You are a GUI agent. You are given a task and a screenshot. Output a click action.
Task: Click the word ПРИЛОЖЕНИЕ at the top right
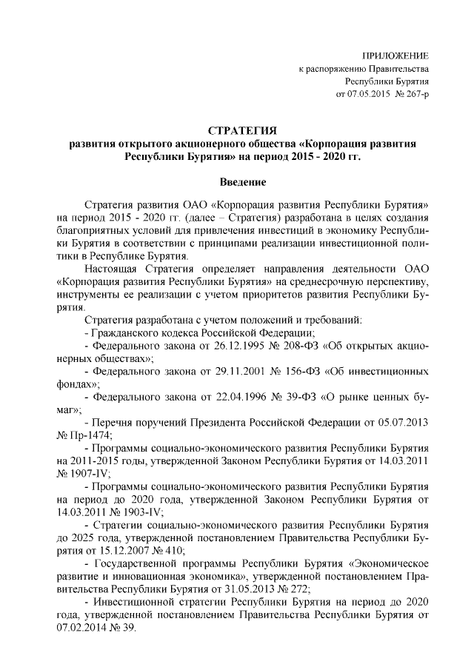394,56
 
